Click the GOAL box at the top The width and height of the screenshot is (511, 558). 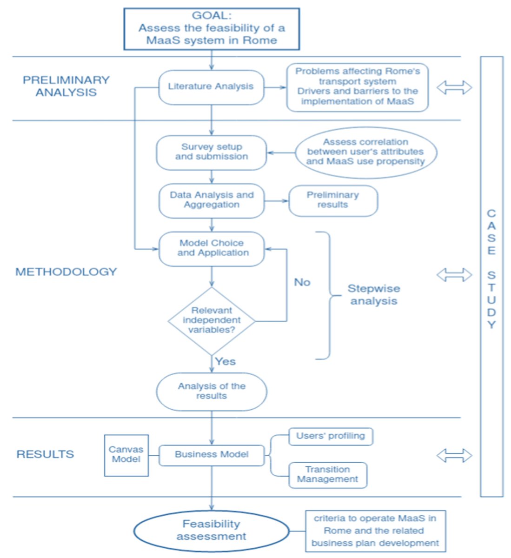coord(212,29)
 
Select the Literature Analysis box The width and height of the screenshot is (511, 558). coord(211,87)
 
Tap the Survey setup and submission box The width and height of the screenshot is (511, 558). coord(212,153)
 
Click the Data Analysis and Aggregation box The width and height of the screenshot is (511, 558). coord(212,200)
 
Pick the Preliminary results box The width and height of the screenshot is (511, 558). coord(333,200)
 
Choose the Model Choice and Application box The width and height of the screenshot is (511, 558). coord(212,249)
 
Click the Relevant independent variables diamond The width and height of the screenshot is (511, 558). coord(212,321)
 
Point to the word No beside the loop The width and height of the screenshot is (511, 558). coord(302,282)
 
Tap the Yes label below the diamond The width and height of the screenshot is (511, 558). coord(226,362)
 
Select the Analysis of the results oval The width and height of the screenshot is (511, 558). coord(212,392)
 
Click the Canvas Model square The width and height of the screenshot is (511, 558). coord(126,456)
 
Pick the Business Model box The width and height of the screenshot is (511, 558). coord(212,455)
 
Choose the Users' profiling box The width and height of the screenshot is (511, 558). coord(331,437)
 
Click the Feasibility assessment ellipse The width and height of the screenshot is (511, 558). coord(212,531)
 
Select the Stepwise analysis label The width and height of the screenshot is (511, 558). coord(373,295)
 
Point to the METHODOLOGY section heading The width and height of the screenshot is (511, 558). coord(66,272)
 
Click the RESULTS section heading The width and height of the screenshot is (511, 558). coord(45,454)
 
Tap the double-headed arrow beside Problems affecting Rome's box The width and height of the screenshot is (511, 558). coord(454,87)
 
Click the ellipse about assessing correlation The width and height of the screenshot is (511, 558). coord(366,153)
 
